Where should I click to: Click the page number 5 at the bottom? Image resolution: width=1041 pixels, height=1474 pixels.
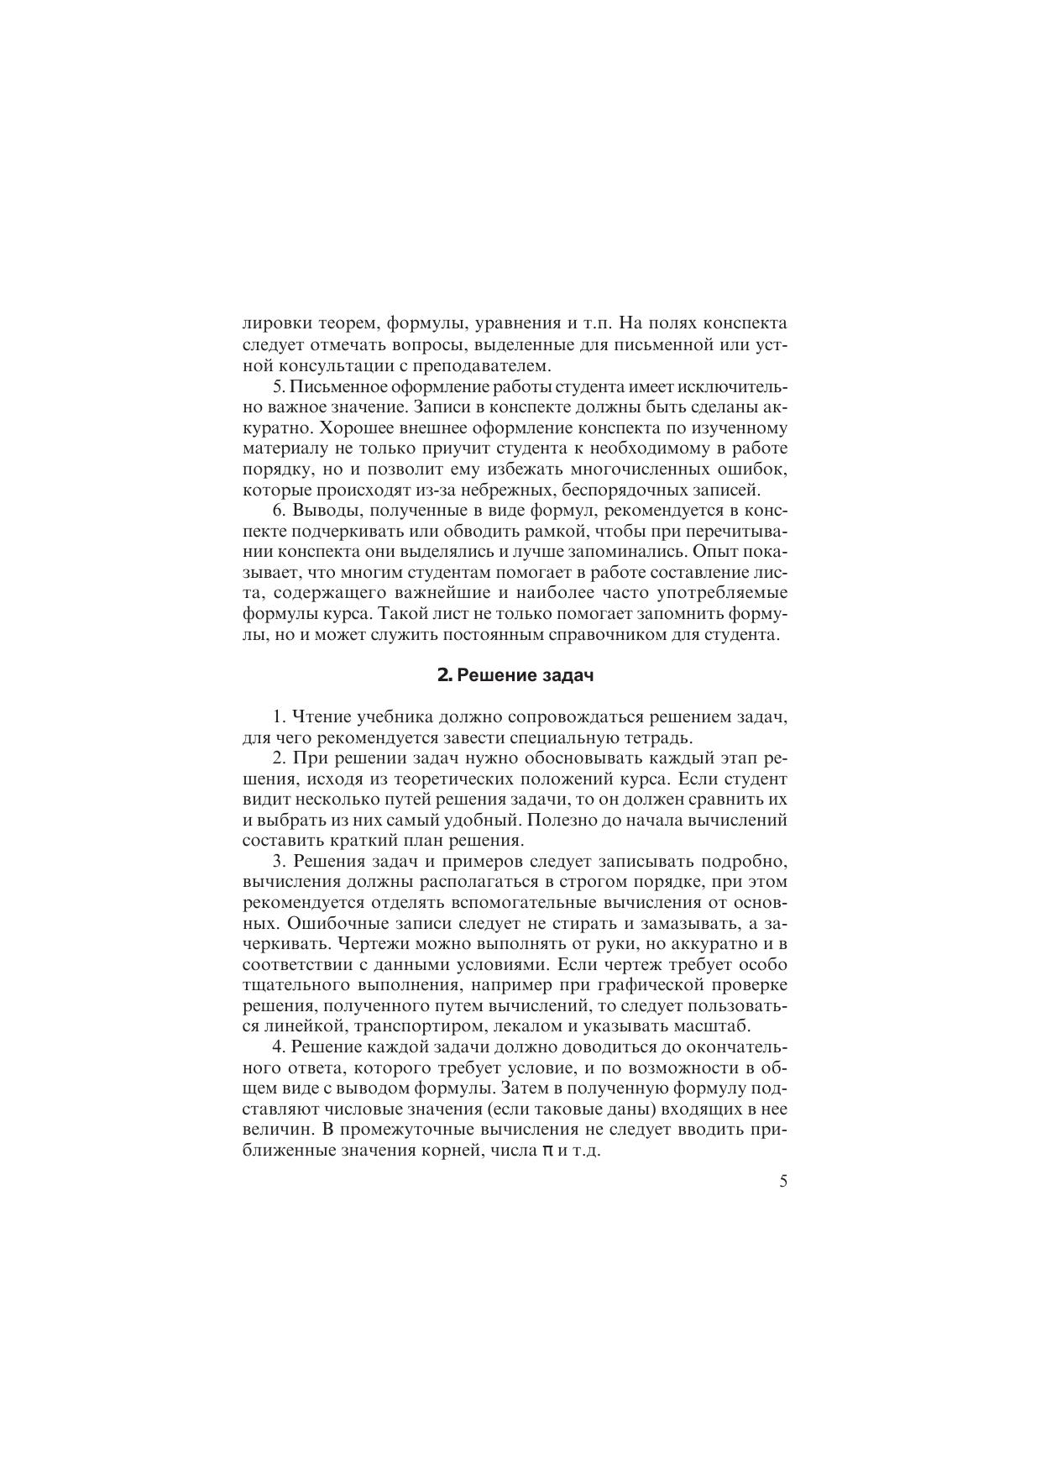[783, 1182]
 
